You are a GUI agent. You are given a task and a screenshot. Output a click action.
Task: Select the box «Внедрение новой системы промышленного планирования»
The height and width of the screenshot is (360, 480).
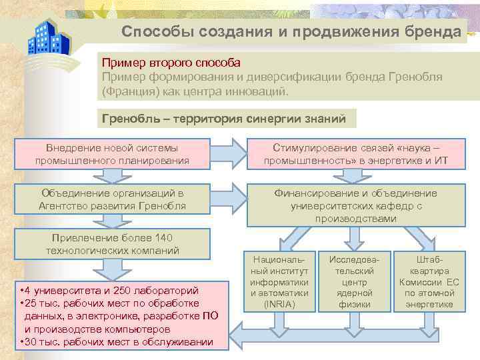112,153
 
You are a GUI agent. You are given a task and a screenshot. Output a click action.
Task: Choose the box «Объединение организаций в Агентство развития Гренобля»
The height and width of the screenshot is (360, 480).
112,199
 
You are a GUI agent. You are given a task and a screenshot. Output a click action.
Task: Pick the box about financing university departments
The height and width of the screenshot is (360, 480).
355,205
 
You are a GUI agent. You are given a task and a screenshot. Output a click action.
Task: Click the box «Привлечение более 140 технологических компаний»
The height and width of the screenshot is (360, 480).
112,244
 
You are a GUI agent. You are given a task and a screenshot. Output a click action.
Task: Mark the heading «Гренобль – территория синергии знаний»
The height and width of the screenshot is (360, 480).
223,119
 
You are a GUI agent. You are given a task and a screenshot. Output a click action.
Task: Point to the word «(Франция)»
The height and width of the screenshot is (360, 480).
128,90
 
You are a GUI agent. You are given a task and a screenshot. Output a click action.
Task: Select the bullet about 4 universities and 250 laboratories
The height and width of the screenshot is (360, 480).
110,291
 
